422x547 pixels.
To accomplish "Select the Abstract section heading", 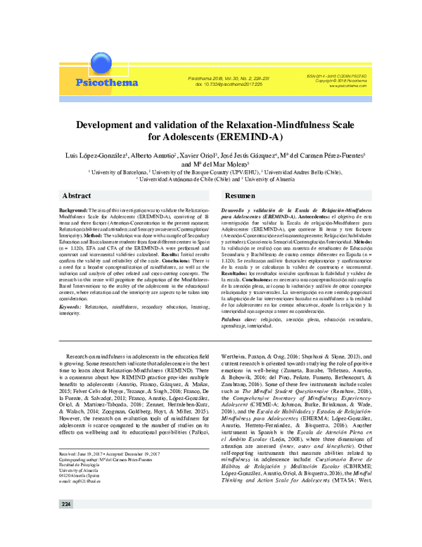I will click(76, 195).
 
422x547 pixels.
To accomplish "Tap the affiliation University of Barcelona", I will click(117, 172).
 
